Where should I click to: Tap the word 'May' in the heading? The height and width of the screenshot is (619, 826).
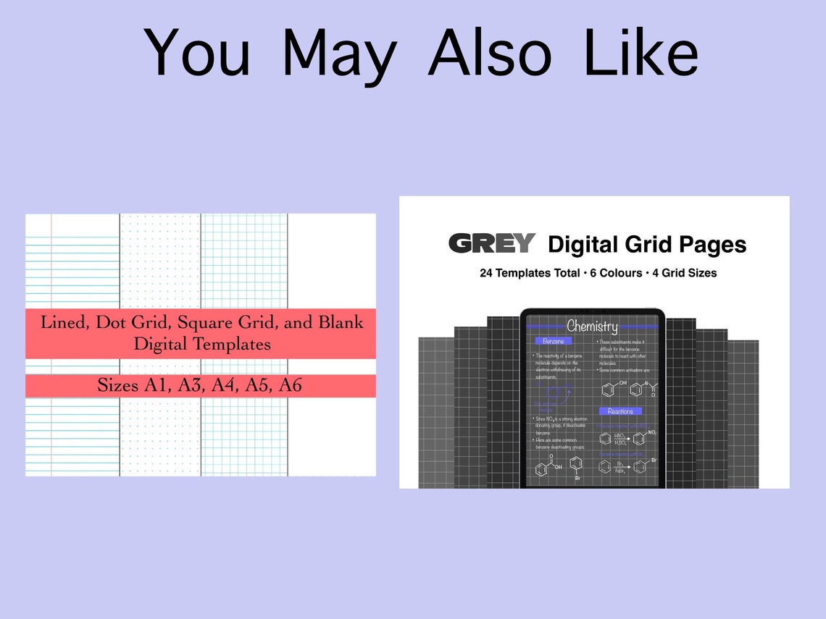[339, 54]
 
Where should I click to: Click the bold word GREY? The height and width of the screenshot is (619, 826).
[492, 244]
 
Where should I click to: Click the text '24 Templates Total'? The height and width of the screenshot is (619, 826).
[529, 274]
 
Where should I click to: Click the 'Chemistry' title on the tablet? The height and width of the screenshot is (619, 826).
[592, 327]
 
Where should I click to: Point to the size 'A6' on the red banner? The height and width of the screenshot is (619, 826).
[286, 386]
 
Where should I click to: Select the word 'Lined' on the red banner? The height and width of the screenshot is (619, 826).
[62, 322]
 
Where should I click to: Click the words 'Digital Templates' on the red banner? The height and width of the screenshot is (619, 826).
[201, 344]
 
